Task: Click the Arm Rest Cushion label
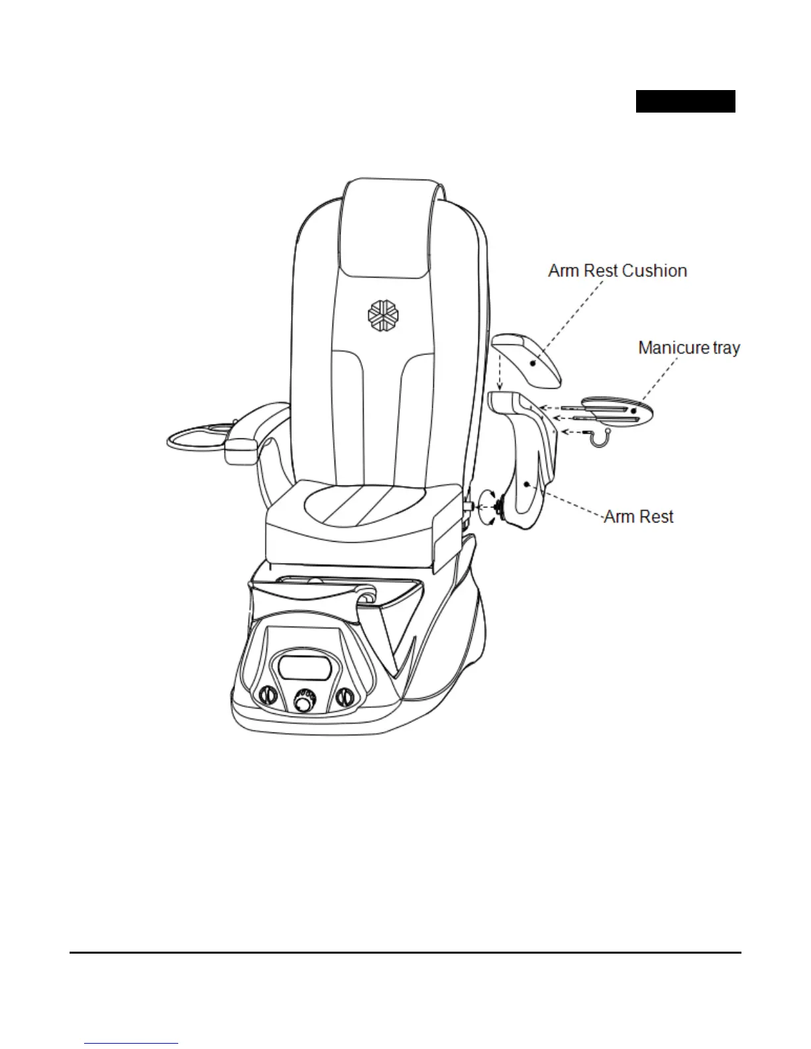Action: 617,271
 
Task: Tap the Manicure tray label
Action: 688,348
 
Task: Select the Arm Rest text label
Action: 638,517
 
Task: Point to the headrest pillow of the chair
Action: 390,225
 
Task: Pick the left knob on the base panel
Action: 266,697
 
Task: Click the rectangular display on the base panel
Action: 305,666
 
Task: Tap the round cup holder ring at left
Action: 196,438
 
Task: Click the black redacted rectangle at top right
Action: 685,101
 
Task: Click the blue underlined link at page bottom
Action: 131,1044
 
